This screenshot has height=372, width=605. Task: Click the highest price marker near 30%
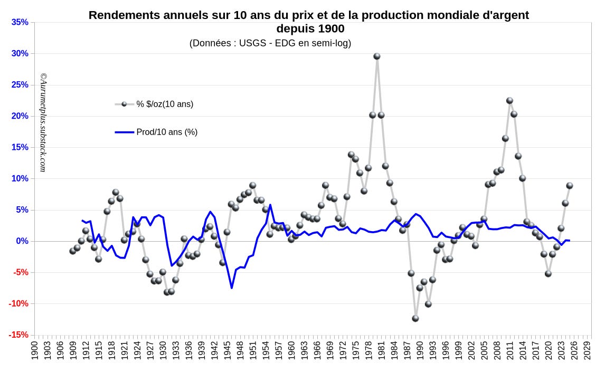377,56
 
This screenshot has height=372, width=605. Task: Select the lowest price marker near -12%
415,318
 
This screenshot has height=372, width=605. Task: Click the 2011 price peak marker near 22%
509,101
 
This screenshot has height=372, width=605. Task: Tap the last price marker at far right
570,185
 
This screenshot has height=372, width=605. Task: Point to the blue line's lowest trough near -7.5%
232,288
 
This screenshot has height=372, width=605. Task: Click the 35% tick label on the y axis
20,22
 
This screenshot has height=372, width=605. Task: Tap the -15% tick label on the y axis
18,335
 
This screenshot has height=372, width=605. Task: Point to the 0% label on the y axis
22,241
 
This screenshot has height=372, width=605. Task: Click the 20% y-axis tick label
20,116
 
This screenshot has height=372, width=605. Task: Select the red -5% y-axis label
20,272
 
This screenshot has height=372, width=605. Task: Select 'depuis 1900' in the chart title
310,28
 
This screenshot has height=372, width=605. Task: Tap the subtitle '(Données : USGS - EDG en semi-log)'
270,43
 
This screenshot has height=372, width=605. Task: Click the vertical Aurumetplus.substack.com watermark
43,122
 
